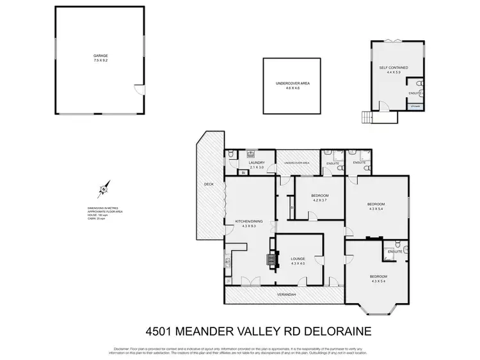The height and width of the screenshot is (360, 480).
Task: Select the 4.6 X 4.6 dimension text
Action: click(x=292, y=88)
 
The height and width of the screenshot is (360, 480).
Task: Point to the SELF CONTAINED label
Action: click(x=394, y=67)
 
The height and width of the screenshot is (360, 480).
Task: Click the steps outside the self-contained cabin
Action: click(x=367, y=117)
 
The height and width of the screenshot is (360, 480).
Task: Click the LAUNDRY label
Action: click(x=256, y=163)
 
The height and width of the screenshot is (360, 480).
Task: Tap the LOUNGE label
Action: click(x=298, y=259)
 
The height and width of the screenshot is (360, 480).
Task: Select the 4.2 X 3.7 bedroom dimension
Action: click(x=319, y=200)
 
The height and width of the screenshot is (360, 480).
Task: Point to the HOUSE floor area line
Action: click(x=97, y=215)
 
